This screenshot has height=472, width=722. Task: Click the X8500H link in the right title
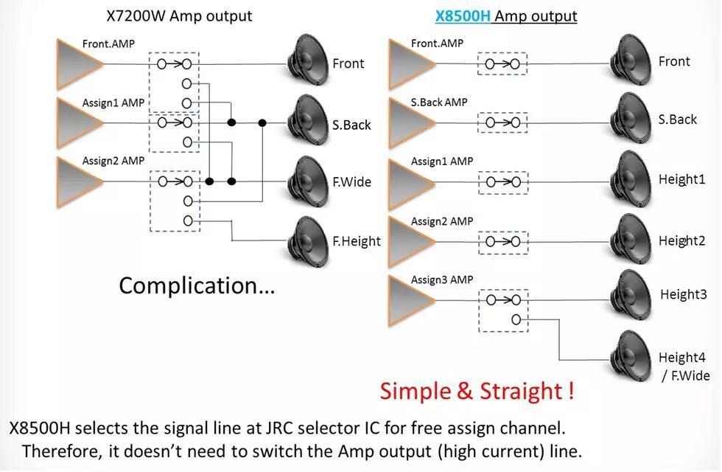pos(463,15)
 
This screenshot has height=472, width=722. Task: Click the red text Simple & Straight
pos(476,390)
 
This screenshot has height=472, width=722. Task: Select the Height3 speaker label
pos(683,294)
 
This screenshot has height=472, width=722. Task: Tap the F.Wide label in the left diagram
pos(351,181)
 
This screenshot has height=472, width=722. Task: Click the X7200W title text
pos(178,15)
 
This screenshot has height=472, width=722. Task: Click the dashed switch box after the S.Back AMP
pos(502,123)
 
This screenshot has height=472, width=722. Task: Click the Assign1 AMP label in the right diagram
pos(442,161)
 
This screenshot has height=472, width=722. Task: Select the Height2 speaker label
pos(681,240)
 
